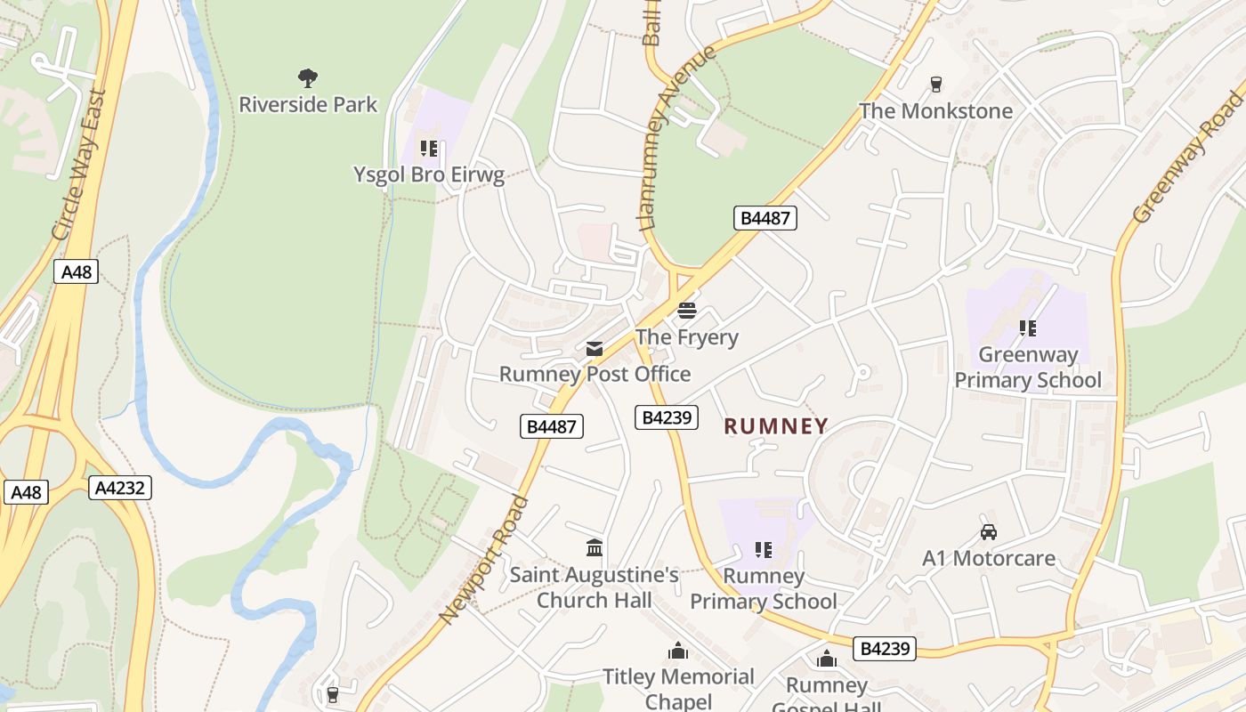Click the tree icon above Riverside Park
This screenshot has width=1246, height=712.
coord(308,78)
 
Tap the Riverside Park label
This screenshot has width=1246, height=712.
coord(308,104)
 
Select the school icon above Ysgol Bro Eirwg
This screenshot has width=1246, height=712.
coord(429,149)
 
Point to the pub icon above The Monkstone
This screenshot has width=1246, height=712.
coord(935,85)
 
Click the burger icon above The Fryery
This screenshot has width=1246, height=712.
coord(686,311)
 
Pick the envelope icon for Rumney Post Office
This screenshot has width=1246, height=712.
coord(594,348)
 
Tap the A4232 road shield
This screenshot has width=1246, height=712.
coord(120,488)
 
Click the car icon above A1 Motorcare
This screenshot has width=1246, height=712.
coord(988,532)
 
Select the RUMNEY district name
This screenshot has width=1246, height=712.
coord(776,426)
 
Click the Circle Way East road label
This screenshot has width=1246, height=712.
coord(80,165)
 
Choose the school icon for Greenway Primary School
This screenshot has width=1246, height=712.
coord(1028,328)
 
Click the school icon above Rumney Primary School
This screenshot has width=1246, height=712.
coord(763,550)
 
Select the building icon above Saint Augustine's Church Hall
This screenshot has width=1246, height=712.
coord(595,547)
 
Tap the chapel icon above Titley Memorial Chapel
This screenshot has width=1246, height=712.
coord(678,651)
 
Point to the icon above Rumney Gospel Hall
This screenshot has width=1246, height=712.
coord(827,659)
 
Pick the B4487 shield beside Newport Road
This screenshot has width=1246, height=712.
coord(552,426)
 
